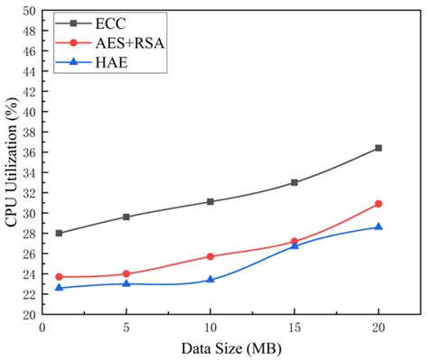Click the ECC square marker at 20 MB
(378, 148)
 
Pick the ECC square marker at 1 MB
(60, 233)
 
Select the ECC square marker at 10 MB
(210, 201)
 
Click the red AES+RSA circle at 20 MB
(378, 204)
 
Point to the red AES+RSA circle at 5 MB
(126, 273)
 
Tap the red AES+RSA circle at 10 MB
(210, 256)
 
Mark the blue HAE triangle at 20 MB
(378, 226)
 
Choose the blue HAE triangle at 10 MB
(210, 279)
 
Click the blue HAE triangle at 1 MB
(60, 287)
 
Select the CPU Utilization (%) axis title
(11, 162)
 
